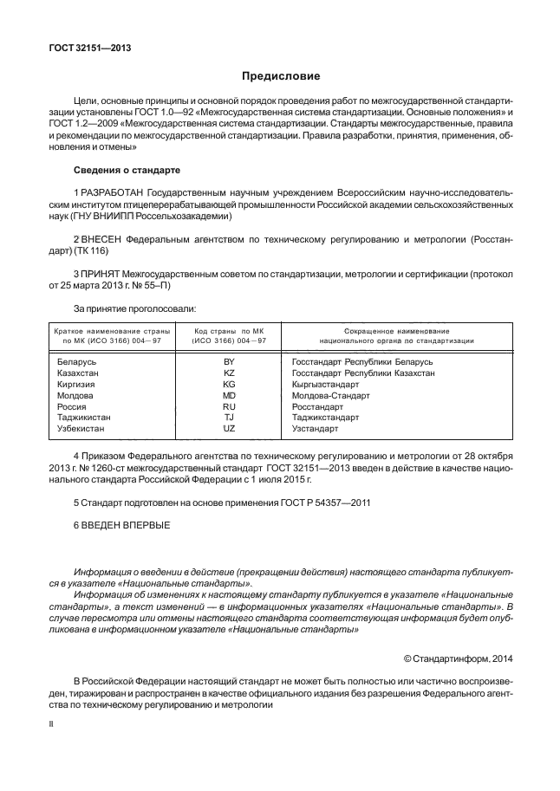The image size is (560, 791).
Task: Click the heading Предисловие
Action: (x=281, y=76)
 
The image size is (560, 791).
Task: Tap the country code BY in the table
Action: (x=229, y=361)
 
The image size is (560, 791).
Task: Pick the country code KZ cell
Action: (x=229, y=373)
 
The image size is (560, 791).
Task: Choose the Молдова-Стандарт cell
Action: (x=330, y=395)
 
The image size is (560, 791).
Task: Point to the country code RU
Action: (x=229, y=406)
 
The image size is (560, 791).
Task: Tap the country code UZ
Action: (x=229, y=429)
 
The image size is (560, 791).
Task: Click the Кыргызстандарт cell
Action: (x=326, y=384)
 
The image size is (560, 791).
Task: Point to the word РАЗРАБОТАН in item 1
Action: (x=111, y=191)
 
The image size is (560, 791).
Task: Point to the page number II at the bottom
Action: (x=51, y=722)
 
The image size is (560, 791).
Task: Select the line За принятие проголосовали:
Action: (x=134, y=308)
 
